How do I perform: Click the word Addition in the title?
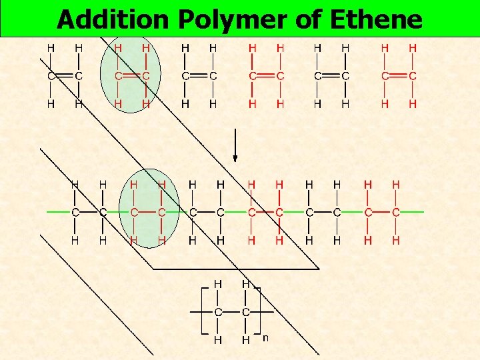(x=113, y=20)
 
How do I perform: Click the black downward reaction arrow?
(x=235, y=147)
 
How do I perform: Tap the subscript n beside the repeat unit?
(x=265, y=338)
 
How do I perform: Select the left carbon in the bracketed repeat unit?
(x=218, y=312)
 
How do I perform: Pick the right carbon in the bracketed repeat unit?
(x=246, y=312)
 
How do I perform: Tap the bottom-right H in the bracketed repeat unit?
(x=246, y=340)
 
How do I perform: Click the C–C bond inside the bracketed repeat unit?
(x=232, y=312)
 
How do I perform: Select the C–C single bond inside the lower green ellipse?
(x=147, y=212)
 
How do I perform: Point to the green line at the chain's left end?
(x=59, y=212)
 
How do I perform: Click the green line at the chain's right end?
(x=413, y=212)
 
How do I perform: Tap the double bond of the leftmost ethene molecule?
(x=65, y=76)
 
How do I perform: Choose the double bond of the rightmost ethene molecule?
(x=399, y=76)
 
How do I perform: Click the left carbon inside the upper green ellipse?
(x=118, y=76)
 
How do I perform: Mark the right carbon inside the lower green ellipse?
(x=161, y=212)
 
